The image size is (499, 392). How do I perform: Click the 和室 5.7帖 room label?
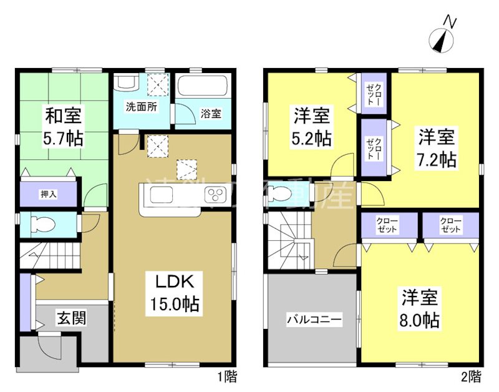click(x=65, y=125)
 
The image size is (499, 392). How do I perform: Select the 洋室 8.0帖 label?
click(x=419, y=308)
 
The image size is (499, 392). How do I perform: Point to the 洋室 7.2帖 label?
click(x=437, y=147)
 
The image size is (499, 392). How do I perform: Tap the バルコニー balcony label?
click(x=314, y=320)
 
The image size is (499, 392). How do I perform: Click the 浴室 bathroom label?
click(x=210, y=114)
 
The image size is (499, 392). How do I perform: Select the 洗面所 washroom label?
click(x=142, y=106)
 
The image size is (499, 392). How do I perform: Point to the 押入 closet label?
click(x=49, y=194)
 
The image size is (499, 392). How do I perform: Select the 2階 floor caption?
click(x=471, y=376)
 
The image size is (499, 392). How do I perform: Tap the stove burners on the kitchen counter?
click(x=215, y=195)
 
